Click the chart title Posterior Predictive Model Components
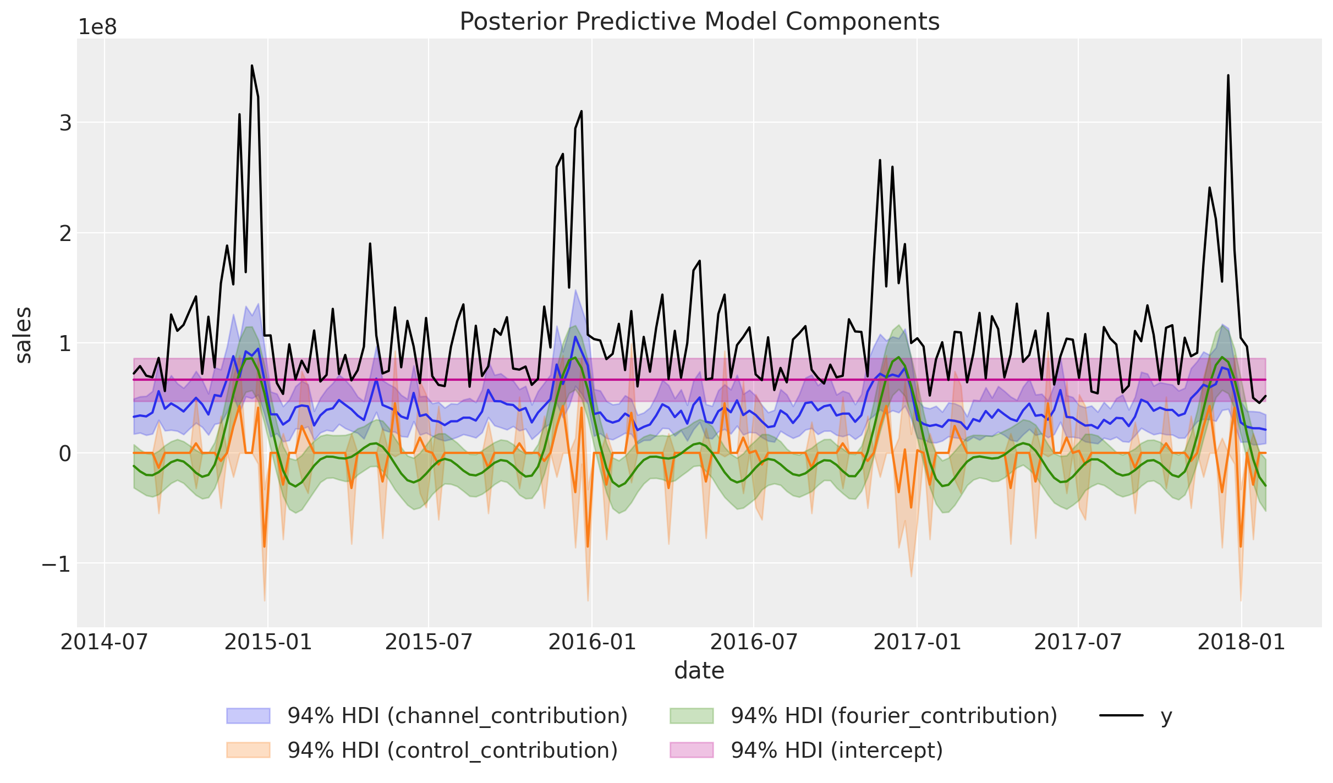(x=699, y=22)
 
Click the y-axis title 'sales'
(x=24, y=335)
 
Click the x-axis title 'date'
(x=699, y=671)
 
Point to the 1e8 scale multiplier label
(x=97, y=27)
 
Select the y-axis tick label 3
(x=65, y=123)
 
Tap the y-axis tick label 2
(x=65, y=233)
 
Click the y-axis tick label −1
(x=57, y=563)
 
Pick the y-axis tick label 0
(x=65, y=453)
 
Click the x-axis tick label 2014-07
(x=105, y=642)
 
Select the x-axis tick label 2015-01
(x=268, y=642)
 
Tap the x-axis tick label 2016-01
(x=592, y=642)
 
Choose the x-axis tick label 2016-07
(x=754, y=642)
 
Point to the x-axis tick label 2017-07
(x=1078, y=642)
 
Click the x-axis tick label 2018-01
(x=1241, y=642)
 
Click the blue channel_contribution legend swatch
(x=248, y=716)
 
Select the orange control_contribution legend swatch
(x=248, y=750)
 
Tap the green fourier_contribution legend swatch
(x=692, y=716)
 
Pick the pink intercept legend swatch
(x=692, y=750)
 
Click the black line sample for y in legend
(x=1121, y=716)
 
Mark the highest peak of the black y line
(x=252, y=66)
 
